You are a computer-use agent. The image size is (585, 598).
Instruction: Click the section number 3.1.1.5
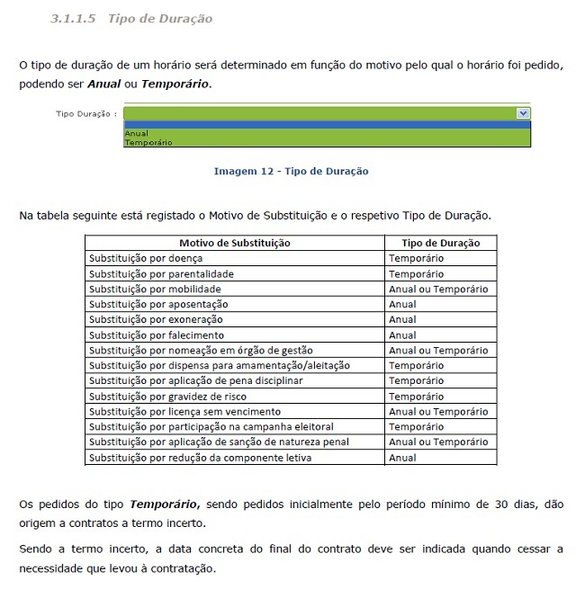[74, 18]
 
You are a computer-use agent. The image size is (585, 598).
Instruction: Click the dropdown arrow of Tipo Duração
[523, 113]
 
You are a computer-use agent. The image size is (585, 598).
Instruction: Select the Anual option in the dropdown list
[136, 133]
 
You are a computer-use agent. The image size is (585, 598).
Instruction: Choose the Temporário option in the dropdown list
[148, 142]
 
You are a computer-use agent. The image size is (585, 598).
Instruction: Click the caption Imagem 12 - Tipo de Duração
[291, 171]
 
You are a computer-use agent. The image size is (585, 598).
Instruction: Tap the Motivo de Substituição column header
[234, 243]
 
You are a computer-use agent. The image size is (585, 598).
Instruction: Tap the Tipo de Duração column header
[440, 243]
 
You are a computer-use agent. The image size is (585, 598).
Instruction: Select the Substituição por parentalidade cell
[160, 273]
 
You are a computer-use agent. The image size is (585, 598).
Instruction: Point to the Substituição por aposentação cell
[157, 304]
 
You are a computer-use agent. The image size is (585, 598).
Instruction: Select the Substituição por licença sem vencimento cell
[178, 411]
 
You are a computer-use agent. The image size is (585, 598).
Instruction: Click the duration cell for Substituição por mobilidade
[438, 289]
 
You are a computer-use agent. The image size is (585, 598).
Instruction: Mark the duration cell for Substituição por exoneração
[402, 319]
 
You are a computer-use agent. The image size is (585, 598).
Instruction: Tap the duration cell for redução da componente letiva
[402, 458]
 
